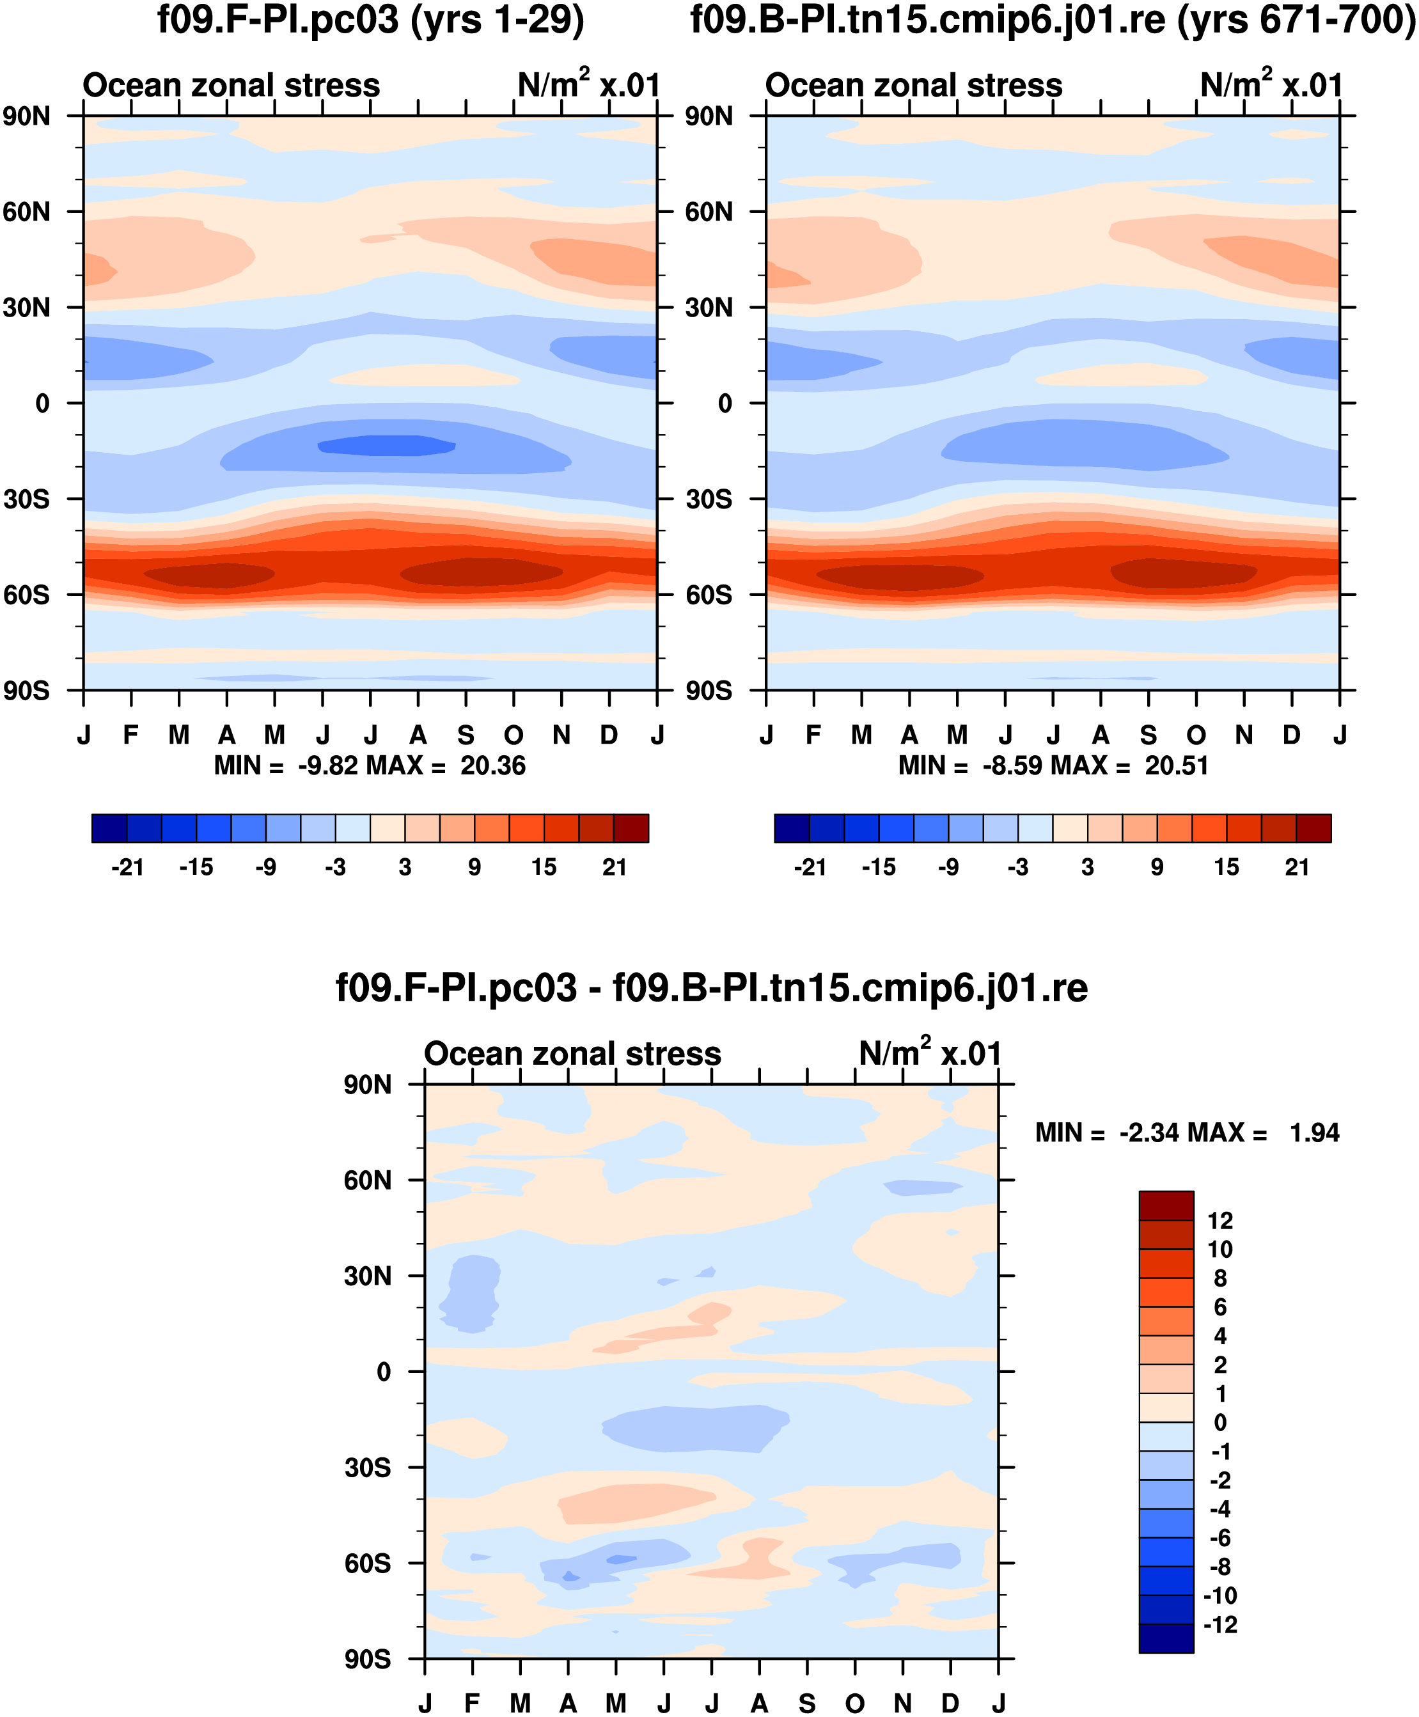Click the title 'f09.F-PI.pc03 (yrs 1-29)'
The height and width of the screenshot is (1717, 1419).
[x=370, y=20]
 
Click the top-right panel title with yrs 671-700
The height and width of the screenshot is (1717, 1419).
[x=1053, y=20]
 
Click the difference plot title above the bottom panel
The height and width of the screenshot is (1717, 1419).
[x=711, y=988]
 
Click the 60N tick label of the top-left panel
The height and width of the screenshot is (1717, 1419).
[x=26, y=212]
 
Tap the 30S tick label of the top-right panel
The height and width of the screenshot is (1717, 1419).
[x=709, y=499]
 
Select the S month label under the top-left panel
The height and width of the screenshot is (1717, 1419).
[x=466, y=735]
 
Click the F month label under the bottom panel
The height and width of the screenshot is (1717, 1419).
[x=472, y=1703]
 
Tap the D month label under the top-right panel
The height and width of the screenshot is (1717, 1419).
[x=1292, y=735]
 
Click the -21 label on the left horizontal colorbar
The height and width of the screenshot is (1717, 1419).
[x=127, y=867]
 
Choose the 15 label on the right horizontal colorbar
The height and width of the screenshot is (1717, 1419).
[x=1226, y=867]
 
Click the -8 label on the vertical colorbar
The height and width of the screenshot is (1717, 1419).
[x=1219, y=1567]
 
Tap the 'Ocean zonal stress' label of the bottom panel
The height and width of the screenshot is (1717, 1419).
[x=572, y=1055]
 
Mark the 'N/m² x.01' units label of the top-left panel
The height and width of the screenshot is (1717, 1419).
[x=588, y=84]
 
